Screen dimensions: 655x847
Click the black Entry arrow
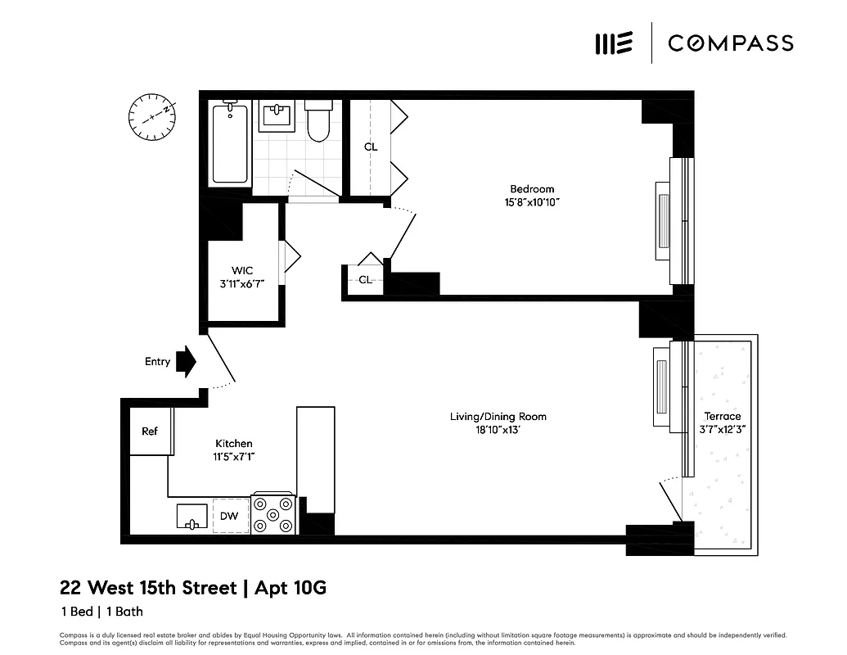pos(187,361)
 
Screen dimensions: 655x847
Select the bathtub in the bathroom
pos(230,144)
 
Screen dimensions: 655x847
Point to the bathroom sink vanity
pos(278,116)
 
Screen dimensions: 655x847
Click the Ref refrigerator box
pos(151,431)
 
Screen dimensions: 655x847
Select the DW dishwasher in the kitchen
pos(231,516)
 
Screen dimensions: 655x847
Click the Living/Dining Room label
pos(498,417)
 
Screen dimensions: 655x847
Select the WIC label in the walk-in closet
pos(242,270)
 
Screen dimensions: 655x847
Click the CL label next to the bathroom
pos(371,147)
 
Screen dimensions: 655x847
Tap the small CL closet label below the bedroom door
pos(365,279)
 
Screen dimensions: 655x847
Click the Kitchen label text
pos(233,443)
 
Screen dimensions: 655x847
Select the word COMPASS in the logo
pos(730,43)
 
